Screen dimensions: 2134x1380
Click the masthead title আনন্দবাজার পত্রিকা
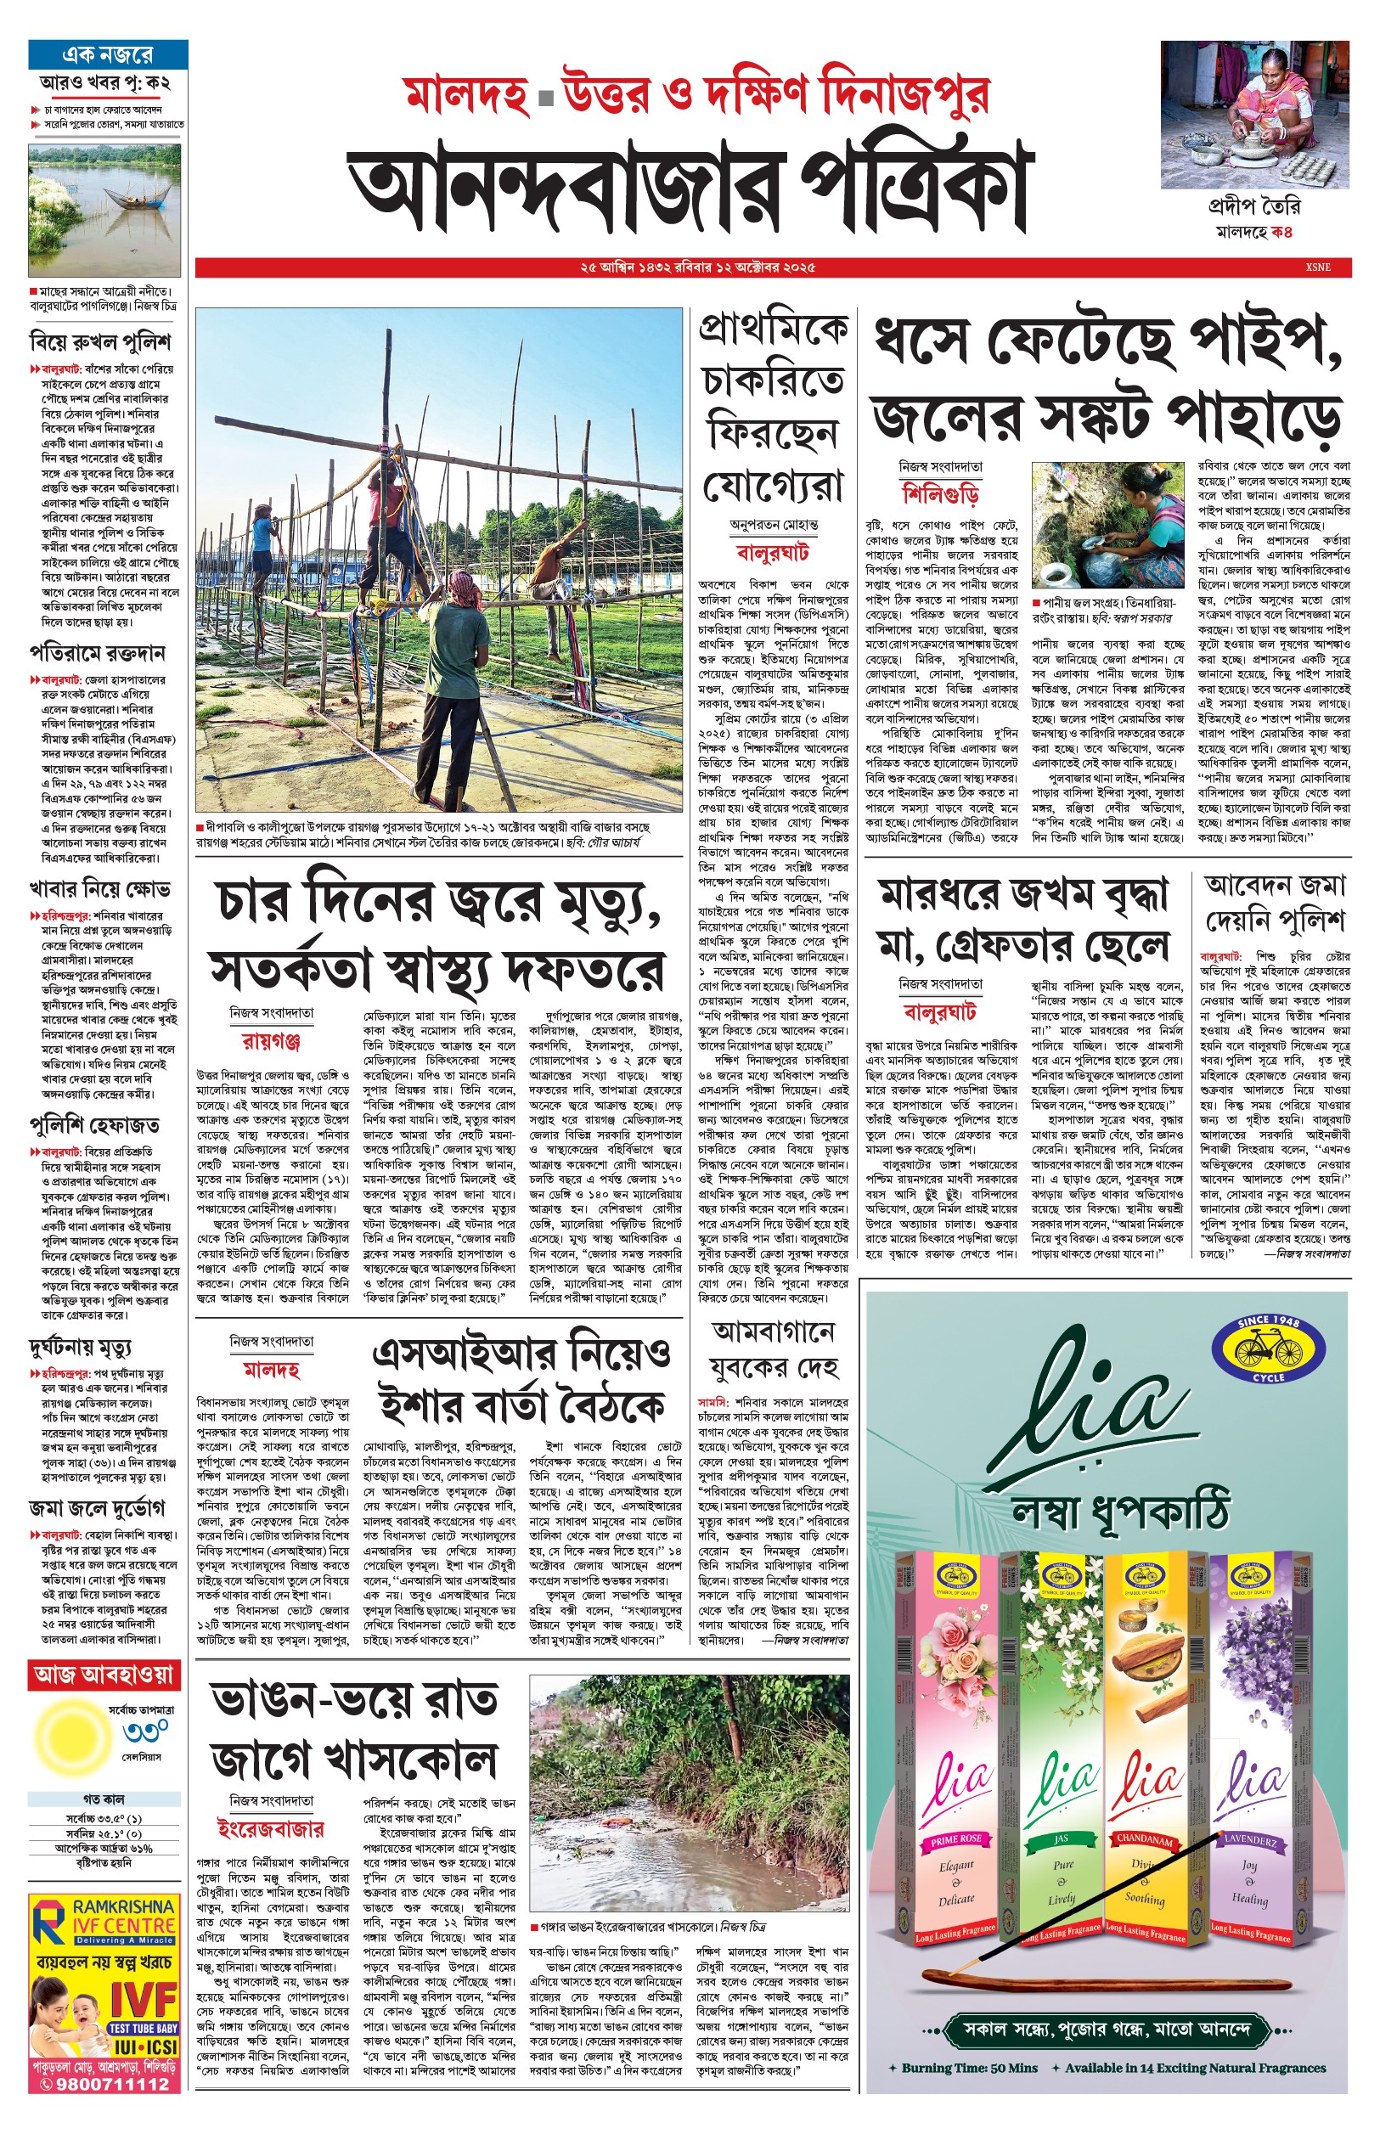690,189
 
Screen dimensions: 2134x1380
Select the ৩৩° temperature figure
144,1732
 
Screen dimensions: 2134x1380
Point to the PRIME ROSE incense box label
955,1839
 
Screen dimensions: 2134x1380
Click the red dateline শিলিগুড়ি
940,493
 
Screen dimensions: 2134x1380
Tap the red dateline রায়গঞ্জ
271,1040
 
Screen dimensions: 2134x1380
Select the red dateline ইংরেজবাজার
271,1828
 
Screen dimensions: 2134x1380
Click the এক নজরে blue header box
108,54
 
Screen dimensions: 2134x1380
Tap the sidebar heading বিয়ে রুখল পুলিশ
99,341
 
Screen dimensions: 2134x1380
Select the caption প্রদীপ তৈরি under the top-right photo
1253,207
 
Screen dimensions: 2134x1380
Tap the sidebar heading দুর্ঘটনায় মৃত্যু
81,1348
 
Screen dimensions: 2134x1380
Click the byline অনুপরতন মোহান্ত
773,525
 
